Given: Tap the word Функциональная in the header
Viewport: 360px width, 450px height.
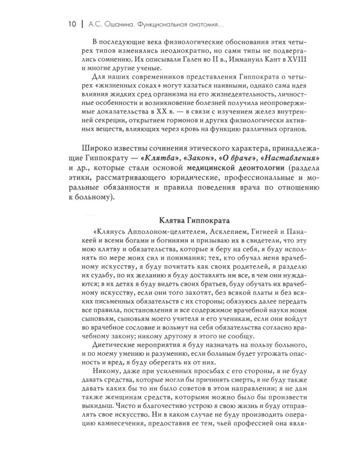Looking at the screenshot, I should coord(169,25).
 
